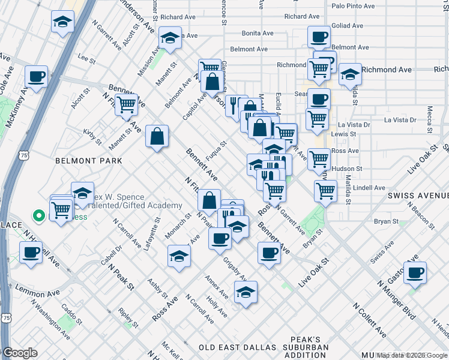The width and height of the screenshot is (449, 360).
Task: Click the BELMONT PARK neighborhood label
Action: point(88,161)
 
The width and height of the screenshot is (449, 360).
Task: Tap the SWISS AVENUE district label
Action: point(418,196)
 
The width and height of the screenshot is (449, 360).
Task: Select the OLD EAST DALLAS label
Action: point(238,347)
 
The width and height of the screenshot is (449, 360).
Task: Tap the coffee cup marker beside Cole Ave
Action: point(37,77)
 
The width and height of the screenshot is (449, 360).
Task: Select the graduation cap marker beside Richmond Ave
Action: point(350,75)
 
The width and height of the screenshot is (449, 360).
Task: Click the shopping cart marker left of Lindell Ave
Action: point(325,191)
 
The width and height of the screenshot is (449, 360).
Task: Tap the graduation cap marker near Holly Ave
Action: point(246,293)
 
